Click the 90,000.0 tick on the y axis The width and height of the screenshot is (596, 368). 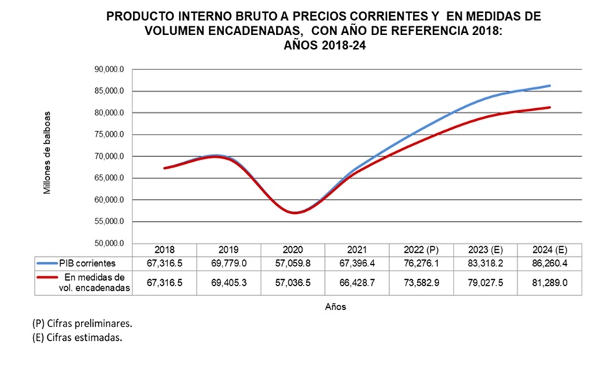(109, 69)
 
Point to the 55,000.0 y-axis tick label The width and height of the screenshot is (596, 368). (109, 222)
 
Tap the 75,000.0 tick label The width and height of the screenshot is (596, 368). (109, 135)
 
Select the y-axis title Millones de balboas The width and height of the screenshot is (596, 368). (48, 152)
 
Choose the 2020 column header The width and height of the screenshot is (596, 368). (293, 249)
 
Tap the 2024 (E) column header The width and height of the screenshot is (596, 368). (550, 249)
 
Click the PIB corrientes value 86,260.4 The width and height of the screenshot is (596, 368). (549, 263)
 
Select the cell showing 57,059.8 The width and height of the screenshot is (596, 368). (293, 263)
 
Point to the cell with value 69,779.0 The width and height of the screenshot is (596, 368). (229, 263)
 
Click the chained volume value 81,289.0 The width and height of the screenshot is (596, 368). (549, 283)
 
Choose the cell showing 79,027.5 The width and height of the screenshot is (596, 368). (485, 283)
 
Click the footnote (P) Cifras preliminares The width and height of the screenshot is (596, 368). (82, 324)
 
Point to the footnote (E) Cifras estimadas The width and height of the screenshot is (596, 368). (77, 338)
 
